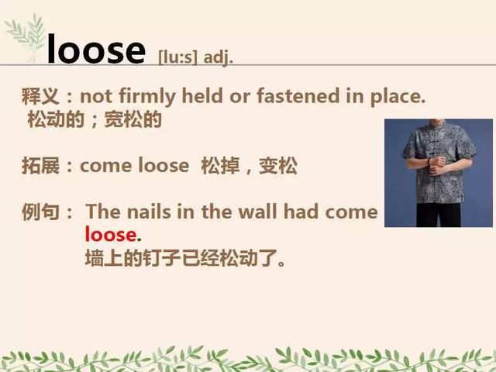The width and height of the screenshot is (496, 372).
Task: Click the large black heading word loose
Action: tap(96, 49)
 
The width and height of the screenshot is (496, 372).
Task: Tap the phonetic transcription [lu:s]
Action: tap(177, 57)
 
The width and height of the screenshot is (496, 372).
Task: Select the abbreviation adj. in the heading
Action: tap(219, 58)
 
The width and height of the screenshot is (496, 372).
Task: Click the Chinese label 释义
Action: tap(40, 96)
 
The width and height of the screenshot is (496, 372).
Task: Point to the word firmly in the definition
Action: tap(146, 96)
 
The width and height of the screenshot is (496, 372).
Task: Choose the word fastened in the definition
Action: tap(298, 95)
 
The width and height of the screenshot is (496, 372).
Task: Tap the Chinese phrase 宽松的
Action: tap(133, 119)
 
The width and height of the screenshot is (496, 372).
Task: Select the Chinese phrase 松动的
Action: tap(56, 119)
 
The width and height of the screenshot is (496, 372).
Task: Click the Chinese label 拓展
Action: tap(40, 165)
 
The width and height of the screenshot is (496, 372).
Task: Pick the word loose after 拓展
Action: tap(164, 165)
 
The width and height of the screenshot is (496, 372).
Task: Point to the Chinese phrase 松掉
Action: tap(220, 165)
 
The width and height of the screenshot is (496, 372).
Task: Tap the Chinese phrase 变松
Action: tap(278, 165)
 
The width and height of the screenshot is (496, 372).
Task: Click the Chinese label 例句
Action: tap(40, 212)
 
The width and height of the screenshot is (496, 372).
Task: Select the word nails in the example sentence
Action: tap(149, 212)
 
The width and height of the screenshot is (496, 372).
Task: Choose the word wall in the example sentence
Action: tap(257, 212)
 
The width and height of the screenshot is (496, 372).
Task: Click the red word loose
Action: tap(111, 234)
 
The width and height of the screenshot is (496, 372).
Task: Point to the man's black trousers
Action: tap(439, 215)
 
